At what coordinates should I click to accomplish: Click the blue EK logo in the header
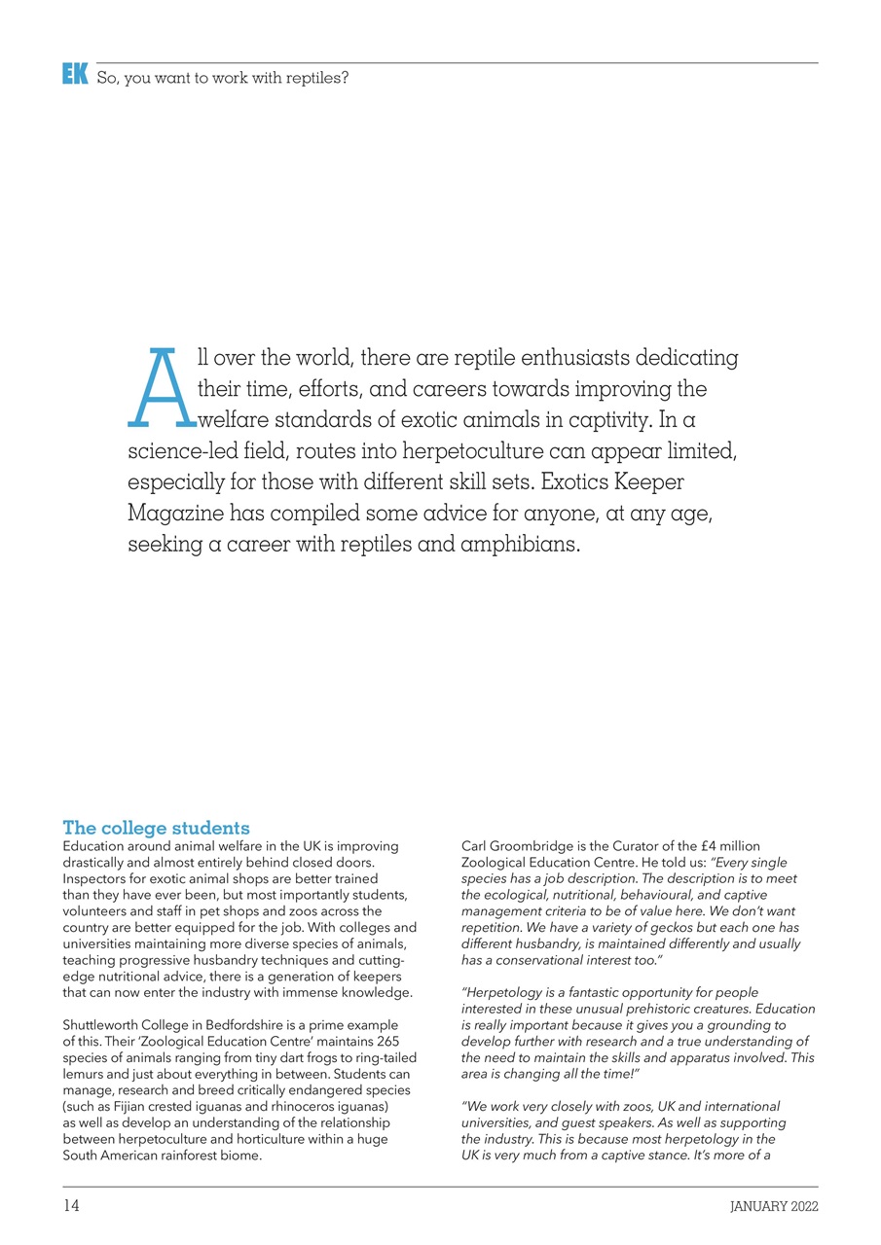(75, 74)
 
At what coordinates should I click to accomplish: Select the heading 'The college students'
(156, 828)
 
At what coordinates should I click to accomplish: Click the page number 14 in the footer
(71, 1206)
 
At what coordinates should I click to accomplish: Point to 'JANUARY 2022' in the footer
(774, 1207)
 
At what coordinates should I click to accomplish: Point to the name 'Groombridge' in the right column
(530, 846)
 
